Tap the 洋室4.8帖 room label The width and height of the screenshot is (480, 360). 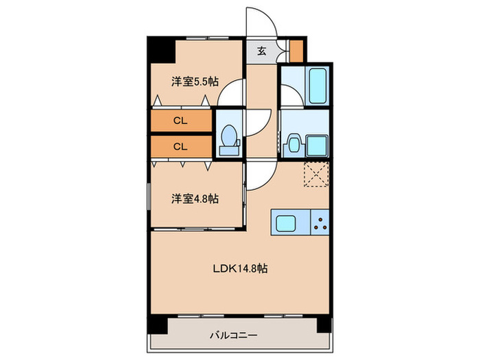tap(195, 200)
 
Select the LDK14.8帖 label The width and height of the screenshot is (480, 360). tap(239, 269)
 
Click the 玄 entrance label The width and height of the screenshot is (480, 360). tap(262, 51)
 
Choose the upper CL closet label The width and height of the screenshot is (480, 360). tap(180, 121)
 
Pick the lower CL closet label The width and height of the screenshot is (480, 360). tap(180, 146)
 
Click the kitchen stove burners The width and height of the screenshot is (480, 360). tap(320, 222)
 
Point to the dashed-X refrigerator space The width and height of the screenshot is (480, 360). tap(317, 175)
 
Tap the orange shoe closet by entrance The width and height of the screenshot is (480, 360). tap(296, 51)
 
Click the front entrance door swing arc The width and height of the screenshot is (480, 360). tap(263, 24)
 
